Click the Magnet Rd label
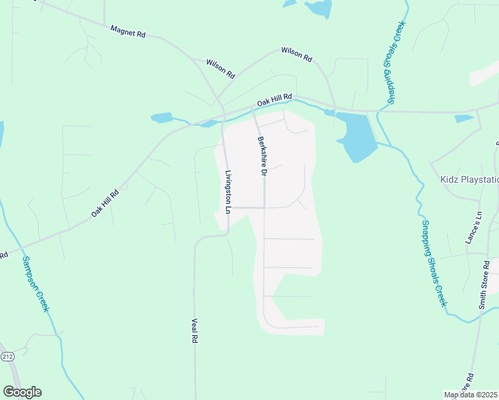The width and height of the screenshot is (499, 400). click(128, 31)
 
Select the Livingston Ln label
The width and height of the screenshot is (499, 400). click(229, 192)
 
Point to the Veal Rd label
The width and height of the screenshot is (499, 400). click(195, 330)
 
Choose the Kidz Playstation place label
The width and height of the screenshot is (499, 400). click(470, 179)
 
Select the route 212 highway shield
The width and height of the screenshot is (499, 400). click(7, 357)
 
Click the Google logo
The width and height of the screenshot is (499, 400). click(22, 392)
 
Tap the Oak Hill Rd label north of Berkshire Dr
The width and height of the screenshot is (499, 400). click(275, 101)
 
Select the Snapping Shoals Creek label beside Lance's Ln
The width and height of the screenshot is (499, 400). click(433, 264)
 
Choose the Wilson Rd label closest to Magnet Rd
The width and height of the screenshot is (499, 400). click(221, 67)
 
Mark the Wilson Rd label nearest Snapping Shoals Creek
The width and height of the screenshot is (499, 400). click(296, 55)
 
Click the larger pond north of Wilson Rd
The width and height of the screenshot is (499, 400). click(319, 9)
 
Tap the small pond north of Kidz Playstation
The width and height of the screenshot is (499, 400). click(464, 119)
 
